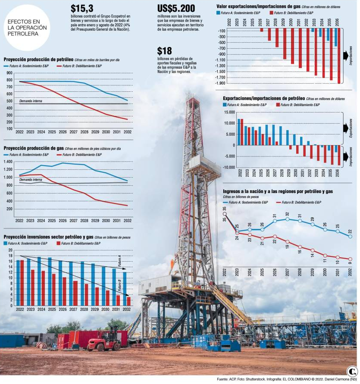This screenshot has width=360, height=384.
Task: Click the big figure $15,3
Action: (x=82, y=9)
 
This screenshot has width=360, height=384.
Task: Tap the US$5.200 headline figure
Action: (x=176, y=9)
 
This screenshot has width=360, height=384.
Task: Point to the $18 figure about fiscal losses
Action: (x=164, y=51)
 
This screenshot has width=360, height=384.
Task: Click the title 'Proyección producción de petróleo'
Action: (x=38, y=59)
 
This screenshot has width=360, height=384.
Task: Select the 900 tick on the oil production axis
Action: (x=9, y=73)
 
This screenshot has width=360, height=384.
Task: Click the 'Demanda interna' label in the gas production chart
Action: (x=31, y=180)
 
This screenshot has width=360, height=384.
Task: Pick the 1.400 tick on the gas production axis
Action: (x=8, y=162)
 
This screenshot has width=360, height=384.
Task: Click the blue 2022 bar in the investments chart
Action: (x=18, y=283)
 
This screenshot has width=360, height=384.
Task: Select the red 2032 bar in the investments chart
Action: (x=128, y=301)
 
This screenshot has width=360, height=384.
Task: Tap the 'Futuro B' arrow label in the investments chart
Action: (x=119, y=285)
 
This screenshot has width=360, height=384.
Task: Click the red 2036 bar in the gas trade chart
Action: (x=339, y=56)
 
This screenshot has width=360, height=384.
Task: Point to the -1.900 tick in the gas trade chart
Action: (x=221, y=83)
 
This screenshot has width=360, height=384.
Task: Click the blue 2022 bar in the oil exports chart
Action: (x=239, y=132)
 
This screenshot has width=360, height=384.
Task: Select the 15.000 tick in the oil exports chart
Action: (x=229, y=112)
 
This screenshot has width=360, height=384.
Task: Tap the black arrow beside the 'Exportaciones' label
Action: (x=346, y=128)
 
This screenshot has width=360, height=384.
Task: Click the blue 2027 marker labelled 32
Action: (x=288, y=219)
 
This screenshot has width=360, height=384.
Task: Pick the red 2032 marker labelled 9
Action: (x=350, y=259)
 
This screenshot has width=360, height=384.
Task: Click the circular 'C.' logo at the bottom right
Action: (x=352, y=372)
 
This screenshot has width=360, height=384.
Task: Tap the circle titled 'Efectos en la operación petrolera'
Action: (x=27, y=28)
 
